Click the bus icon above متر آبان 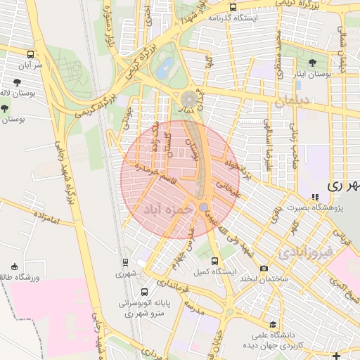(x=30, y=53)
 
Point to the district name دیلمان (x=292, y=101)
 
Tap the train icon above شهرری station (x=125, y=262)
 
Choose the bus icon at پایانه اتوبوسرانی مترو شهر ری (x=145, y=292)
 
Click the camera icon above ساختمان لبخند (x=264, y=268)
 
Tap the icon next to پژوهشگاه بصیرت (x=314, y=197)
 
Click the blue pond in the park (x=165, y=68)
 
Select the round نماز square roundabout (x=190, y=99)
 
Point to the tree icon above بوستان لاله (x=6, y=108)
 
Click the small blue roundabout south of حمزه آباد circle (x=203, y=207)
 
